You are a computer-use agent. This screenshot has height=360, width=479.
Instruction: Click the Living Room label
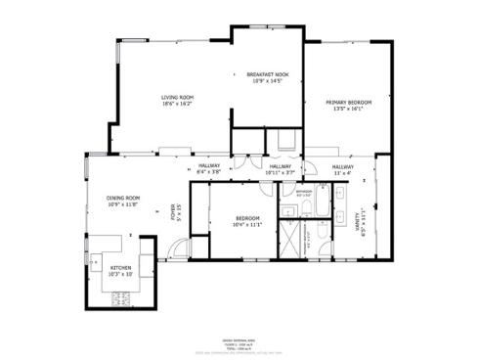[x=177, y=97]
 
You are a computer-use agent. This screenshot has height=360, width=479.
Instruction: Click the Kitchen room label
[x=121, y=267]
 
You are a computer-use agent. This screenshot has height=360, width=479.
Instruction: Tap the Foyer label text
[x=174, y=211]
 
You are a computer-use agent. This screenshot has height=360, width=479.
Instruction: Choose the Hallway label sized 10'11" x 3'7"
[x=281, y=168]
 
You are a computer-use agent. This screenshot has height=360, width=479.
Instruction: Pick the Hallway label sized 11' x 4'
[x=341, y=168]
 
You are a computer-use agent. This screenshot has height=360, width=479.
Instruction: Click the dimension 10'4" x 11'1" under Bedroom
[x=247, y=225]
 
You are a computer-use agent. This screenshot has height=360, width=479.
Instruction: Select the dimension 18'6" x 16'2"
[x=177, y=103]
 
